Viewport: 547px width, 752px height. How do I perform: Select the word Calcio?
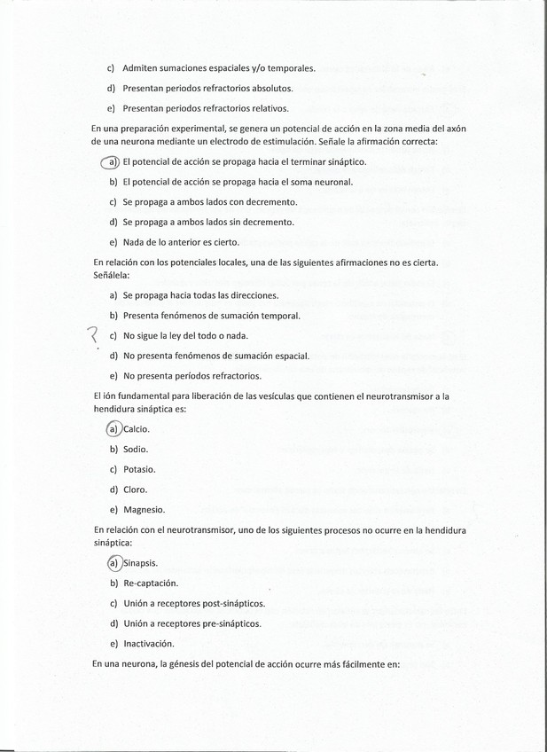[137, 429]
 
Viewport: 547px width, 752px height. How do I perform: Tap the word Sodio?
[136, 450]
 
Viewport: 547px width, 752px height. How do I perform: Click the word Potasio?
[139, 469]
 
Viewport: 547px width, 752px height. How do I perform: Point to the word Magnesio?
[144, 510]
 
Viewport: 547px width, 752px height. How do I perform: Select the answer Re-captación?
[150, 584]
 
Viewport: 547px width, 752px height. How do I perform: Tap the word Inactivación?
[149, 644]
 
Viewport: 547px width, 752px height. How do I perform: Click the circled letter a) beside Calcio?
[113, 429]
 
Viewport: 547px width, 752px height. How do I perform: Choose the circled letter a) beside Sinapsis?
[113, 563]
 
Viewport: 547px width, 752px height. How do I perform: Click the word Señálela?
[112, 275]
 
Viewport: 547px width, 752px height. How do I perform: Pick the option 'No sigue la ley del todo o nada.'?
[185, 336]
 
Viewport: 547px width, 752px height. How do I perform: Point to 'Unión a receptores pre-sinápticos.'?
[191, 623]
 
